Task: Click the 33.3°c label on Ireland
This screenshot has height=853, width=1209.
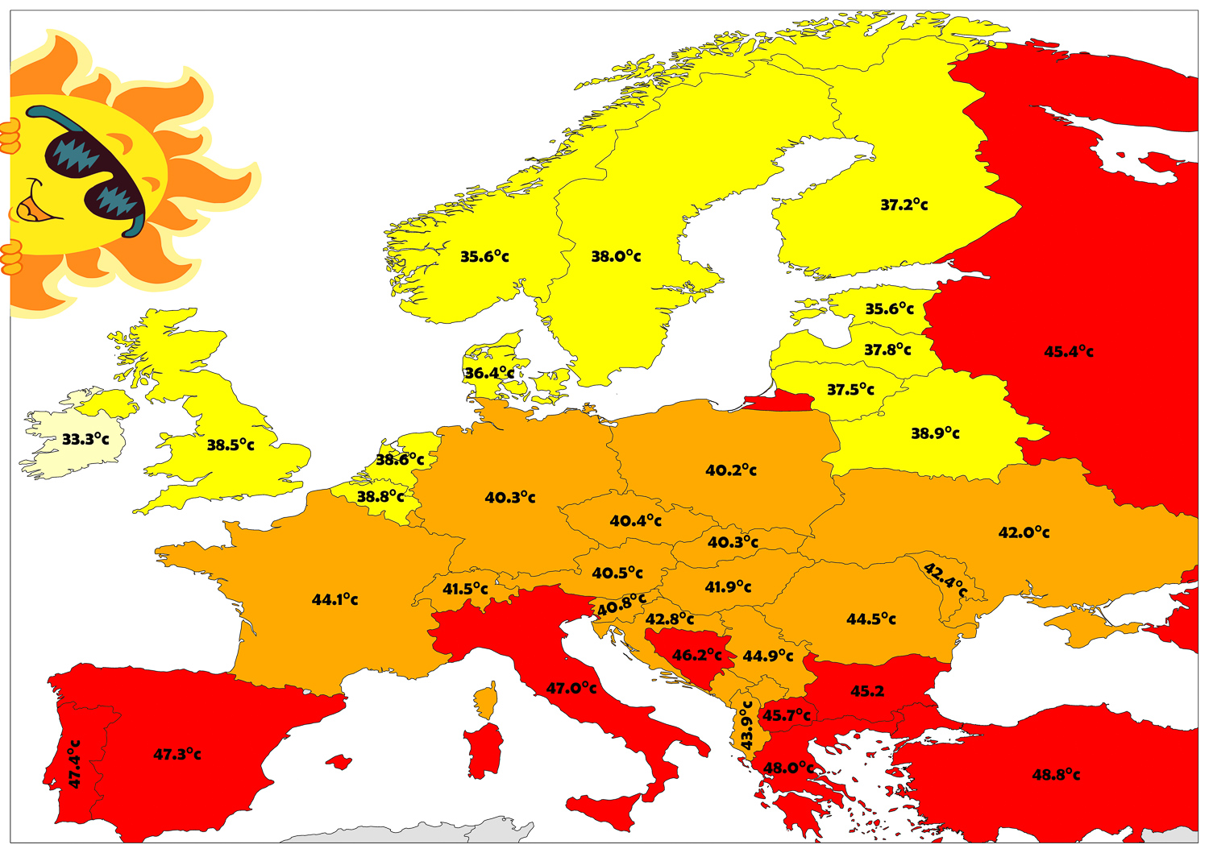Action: pos(85,439)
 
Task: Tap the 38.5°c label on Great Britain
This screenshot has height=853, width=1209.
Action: pos(231,445)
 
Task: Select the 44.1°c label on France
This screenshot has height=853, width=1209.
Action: pos(334,599)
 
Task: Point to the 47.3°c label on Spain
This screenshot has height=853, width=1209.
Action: pos(177,755)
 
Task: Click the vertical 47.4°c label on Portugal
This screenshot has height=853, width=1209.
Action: pos(74,764)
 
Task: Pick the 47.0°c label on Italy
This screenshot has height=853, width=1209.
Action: pos(571,689)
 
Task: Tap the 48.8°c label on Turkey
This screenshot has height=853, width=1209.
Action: pos(1056,775)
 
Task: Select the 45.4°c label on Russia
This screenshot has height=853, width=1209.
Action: pos(1069,352)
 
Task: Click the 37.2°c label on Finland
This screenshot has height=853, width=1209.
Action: pos(904,205)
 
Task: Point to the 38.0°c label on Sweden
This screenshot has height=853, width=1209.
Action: pos(616,257)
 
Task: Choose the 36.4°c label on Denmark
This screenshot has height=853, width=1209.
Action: pos(488,373)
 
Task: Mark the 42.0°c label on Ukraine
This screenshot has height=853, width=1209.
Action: pos(1024,532)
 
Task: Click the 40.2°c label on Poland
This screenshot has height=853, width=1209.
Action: pos(731,470)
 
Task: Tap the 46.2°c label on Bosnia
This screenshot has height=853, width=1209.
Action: pos(696,655)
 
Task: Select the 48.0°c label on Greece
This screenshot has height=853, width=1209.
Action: pos(788,768)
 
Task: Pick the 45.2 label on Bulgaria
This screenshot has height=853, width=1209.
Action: pos(867,691)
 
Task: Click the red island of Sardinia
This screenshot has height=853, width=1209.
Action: pos(484,749)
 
